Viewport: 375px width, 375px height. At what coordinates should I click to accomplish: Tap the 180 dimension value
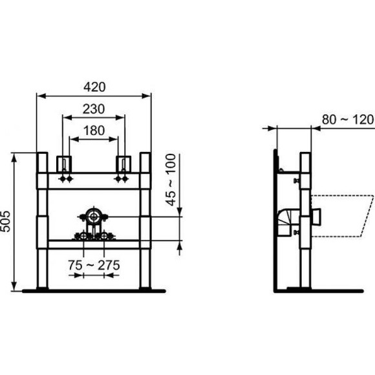(94, 131)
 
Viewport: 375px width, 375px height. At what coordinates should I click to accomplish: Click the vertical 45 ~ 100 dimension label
(171, 180)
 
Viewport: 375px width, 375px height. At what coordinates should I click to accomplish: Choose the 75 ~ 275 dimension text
(94, 264)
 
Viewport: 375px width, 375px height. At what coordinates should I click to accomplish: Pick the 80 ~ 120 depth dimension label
(348, 120)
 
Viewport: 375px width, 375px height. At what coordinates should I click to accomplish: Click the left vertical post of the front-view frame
(42, 220)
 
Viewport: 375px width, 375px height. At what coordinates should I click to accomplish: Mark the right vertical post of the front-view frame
(145, 220)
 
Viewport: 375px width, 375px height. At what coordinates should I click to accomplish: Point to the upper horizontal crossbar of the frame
(94, 180)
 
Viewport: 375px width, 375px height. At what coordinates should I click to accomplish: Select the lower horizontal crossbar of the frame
(94, 244)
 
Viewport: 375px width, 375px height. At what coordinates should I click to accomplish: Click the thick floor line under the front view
(94, 291)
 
